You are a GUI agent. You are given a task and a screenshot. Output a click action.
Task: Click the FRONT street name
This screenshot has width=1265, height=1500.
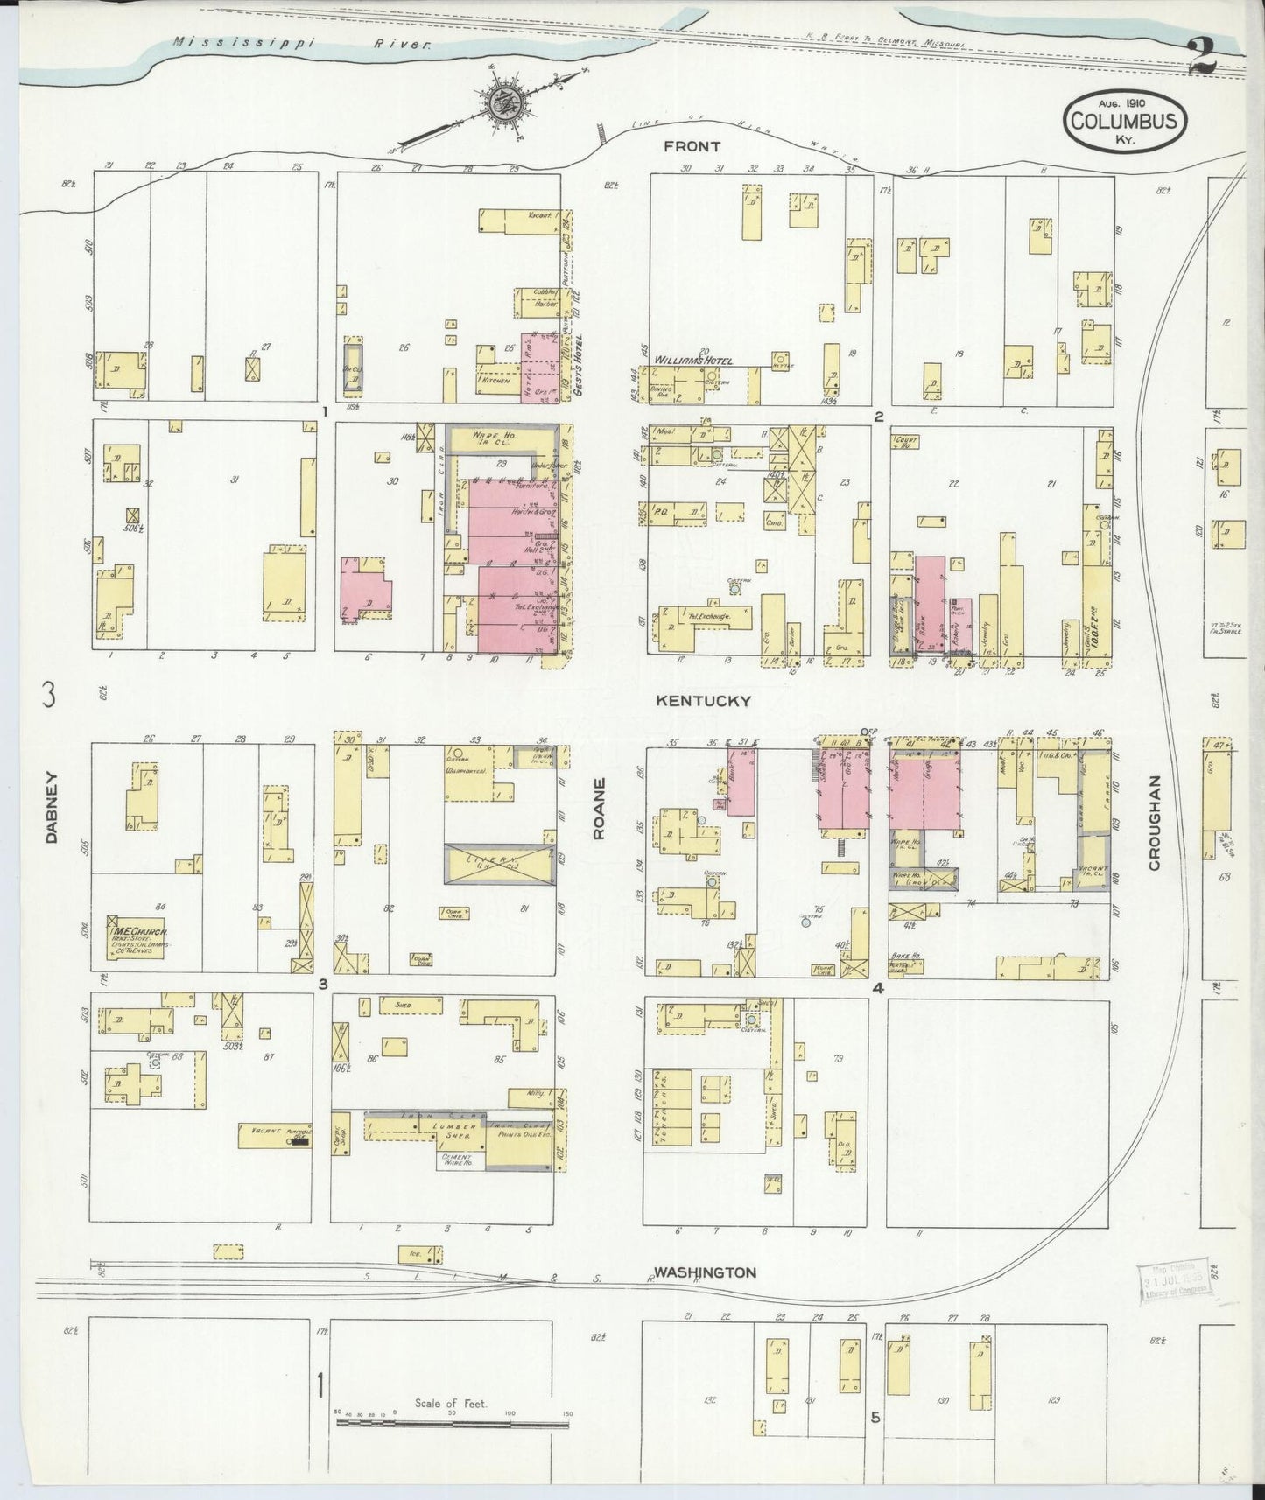pyautogui.click(x=692, y=146)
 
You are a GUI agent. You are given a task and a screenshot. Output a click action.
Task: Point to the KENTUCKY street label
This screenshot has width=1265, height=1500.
pyautogui.click(x=704, y=700)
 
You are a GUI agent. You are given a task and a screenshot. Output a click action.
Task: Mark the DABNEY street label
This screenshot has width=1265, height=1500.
pyautogui.click(x=51, y=806)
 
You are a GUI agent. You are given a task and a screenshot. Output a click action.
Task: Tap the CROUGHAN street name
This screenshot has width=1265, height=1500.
pyautogui.click(x=1153, y=823)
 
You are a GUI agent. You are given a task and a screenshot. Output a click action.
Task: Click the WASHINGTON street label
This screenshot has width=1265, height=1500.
pyautogui.click(x=706, y=1272)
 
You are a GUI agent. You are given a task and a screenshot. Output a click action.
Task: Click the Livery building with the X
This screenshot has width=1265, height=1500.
pyautogui.click(x=499, y=863)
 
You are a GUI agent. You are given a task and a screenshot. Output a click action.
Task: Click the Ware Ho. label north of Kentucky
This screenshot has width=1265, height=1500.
pyautogui.click(x=496, y=436)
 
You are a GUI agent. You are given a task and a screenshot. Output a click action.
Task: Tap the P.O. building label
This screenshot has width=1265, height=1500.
pyautogui.click(x=662, y=511)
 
